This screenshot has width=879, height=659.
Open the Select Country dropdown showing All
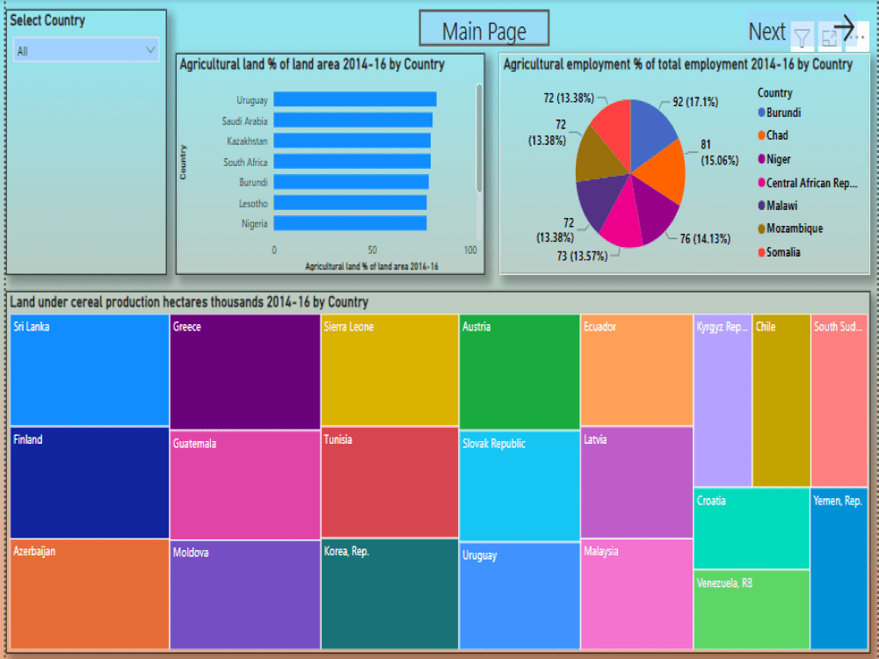pyautogui.click(x=86, y=51)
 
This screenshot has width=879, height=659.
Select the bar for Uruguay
pyautogui.click(x=355, y=100)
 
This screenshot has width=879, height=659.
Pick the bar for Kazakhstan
pyautogui.click(x=352, y=141)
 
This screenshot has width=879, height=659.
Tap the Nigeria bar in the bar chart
pyautogui.click(x=350, y=224)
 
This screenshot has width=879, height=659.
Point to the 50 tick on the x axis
pyautogui.click(x=373, y=250)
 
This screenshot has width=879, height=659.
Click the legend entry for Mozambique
pyautogui.click(x=794, y=228)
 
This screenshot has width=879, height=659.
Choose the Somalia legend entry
pyautogui.click(x=782, y=252)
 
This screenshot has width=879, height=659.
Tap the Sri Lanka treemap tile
pyautogui.click(x=89, y=369)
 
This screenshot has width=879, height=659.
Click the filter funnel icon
pyautogui.click(x=802, y=37)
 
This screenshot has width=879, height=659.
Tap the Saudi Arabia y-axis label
pyautogui.click(x=244, y=121)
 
